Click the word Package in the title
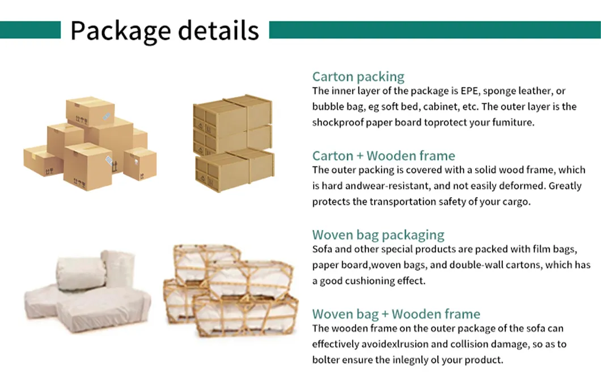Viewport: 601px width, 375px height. tap(121, 31)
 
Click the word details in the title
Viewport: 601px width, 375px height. tap(218, 30)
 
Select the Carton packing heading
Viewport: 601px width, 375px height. tap(358, 77)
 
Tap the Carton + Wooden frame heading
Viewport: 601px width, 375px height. tap(384, 156)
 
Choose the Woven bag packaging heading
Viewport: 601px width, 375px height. tap(378, 235)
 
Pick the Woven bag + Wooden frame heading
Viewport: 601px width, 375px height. tap(396, 314)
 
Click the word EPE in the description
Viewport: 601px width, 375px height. tap(470, 91)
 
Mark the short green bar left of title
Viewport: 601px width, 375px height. tap(30, 30)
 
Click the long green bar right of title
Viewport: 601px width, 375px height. tap(435, 30)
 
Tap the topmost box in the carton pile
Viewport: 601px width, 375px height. tap(91, 112)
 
